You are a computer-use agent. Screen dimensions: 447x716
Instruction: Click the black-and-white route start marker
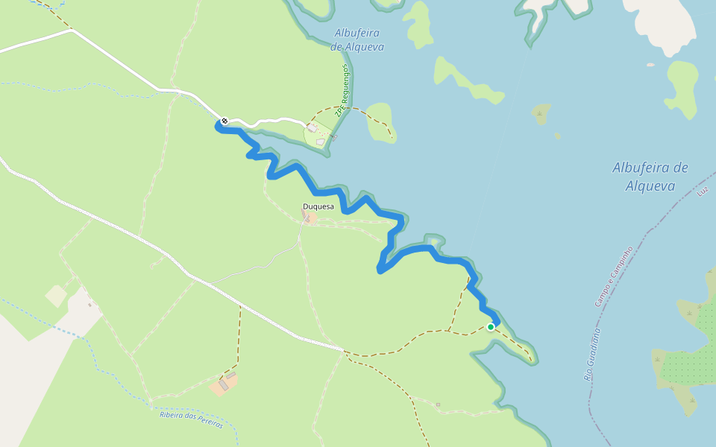(x=224, y=121)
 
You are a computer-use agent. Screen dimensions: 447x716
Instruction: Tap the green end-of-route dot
(x=490, y=326)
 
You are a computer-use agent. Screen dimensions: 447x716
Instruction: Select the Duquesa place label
(x=317, y=206)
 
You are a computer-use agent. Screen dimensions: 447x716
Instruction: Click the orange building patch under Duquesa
(x=308, y=218)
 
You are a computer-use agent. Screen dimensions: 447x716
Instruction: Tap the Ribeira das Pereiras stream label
(x=191, y=419)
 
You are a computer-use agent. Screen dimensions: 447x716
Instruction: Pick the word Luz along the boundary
(x=701, y=191)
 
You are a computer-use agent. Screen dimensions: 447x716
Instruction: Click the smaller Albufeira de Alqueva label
(x=359, y=39)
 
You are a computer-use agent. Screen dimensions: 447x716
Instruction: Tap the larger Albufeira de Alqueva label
(x=650, y=177)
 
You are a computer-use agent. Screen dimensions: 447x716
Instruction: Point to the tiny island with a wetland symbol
(x=540, y=113)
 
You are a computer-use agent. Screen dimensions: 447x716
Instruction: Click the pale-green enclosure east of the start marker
(x=318, y=135)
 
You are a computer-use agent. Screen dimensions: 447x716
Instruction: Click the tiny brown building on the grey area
(x=90, y=304)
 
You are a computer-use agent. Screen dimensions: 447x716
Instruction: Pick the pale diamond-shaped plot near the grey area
(x=56, y=296)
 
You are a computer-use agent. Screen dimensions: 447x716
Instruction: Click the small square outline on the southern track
(x=439, y=405)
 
